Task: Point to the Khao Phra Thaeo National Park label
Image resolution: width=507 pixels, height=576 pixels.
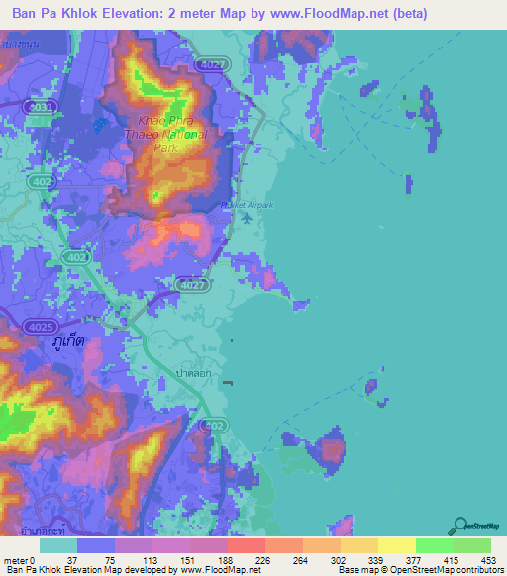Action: (x=164, y=131)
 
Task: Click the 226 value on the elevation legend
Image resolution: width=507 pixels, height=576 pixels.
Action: (x=262, y=560)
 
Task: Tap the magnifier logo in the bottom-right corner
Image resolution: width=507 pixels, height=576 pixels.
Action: (x=459, y=526)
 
